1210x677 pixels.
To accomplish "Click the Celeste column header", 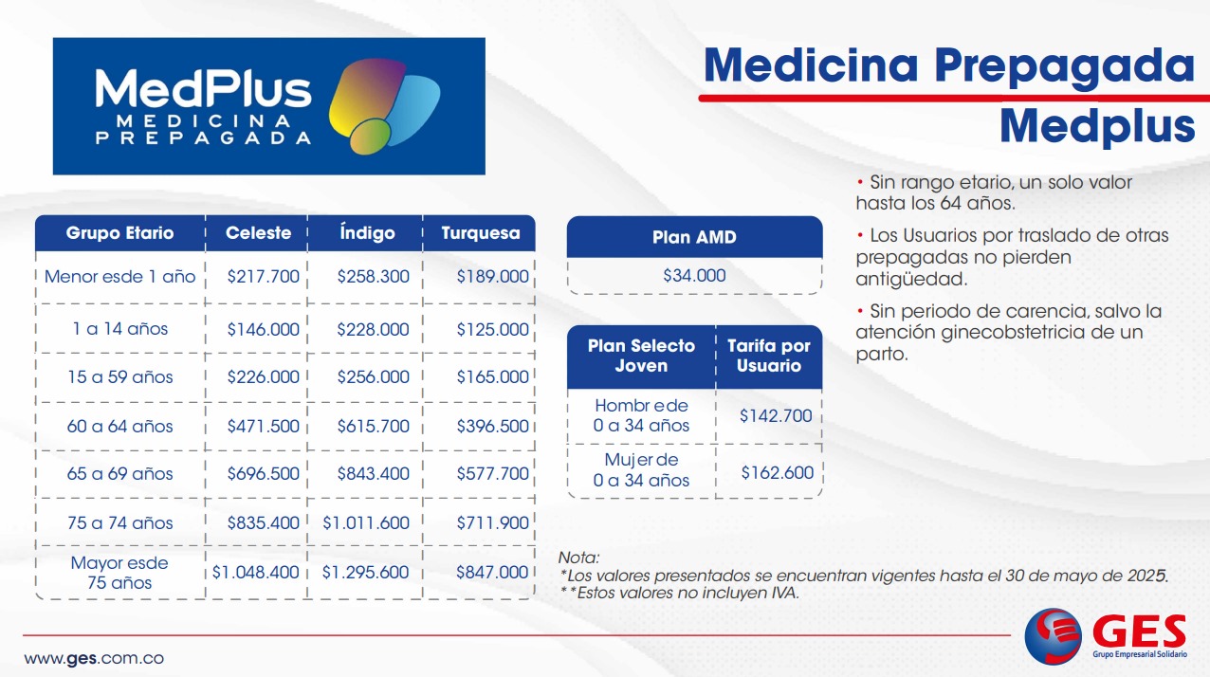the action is [258, 233].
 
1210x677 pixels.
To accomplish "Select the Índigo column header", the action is [367, 233].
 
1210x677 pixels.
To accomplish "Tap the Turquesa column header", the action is [480, 233].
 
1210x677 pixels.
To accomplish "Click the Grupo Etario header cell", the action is [119, 233].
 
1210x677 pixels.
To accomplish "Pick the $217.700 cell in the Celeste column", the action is [263, 277].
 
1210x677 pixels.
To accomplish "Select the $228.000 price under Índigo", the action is [374, 329].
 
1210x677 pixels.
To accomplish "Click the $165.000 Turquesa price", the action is [493, 376].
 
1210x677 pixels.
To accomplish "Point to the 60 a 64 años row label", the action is [119, 427].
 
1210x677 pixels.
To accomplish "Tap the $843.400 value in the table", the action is [374, 474].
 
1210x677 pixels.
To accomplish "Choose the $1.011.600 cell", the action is [366, 523].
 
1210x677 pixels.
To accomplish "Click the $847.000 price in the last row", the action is [492, 572].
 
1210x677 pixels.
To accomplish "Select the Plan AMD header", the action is [694, 237].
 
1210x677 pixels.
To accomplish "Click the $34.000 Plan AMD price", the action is [694, 276].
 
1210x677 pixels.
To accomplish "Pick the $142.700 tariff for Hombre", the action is [776, 415].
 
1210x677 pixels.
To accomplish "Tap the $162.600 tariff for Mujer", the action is [777, 473].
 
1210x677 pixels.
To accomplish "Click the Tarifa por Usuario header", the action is [769, 356].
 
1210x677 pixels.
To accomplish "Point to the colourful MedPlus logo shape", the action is [385, 106].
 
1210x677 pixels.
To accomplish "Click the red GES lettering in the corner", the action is [1139, 631].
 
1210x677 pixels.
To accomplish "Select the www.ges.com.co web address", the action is [94, 659].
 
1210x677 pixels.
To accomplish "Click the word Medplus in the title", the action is [1096, 126].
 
